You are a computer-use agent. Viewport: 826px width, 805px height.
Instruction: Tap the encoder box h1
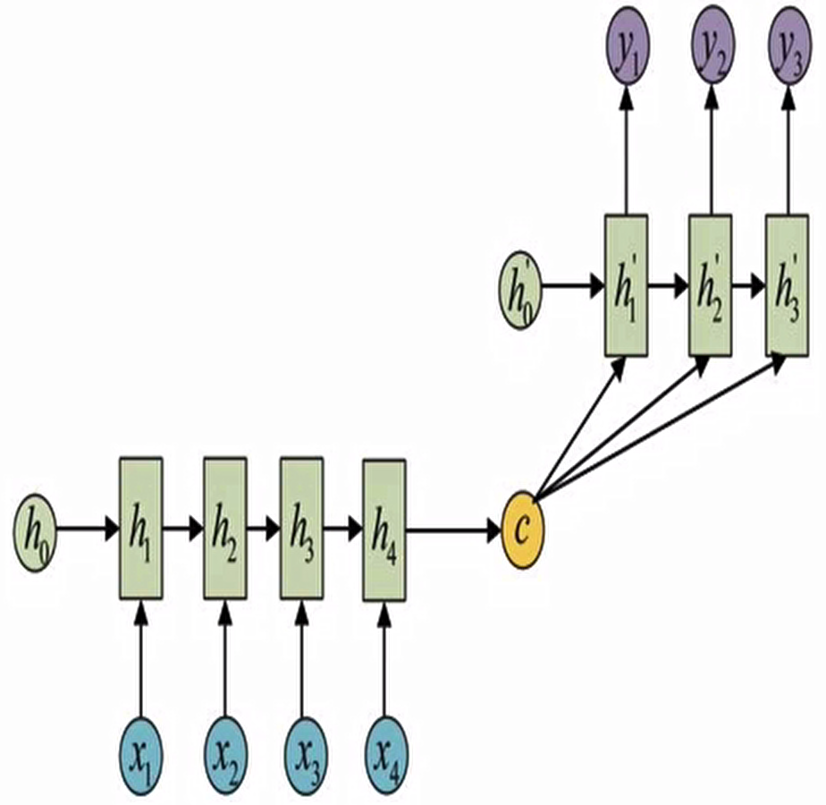(140, 529)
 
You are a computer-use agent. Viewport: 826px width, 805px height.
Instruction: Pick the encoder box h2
(224, 529)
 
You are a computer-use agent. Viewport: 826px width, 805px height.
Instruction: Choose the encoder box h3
(301, 529)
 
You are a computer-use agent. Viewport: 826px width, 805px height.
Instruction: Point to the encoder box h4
(383, 529)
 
